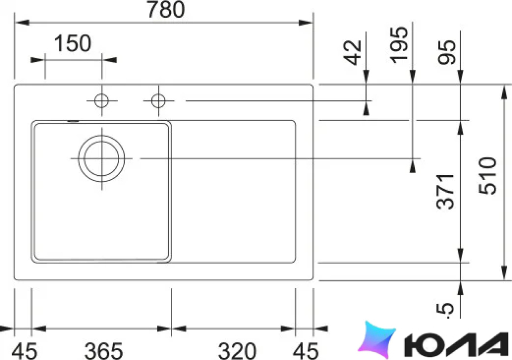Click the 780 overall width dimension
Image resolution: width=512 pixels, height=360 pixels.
point(166,9)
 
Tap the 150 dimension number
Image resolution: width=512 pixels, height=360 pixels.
point(72,43)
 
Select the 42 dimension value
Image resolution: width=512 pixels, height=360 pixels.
point(353,53)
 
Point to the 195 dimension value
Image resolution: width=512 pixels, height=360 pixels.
point(399,44)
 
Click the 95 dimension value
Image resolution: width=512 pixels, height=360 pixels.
point(447,52)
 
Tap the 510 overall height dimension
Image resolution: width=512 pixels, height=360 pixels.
point(487,176)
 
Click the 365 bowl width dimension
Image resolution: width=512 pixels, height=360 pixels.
point(103,351)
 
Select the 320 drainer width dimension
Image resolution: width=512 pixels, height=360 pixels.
point(237,351)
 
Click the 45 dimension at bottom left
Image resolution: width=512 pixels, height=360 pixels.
point(25,351)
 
